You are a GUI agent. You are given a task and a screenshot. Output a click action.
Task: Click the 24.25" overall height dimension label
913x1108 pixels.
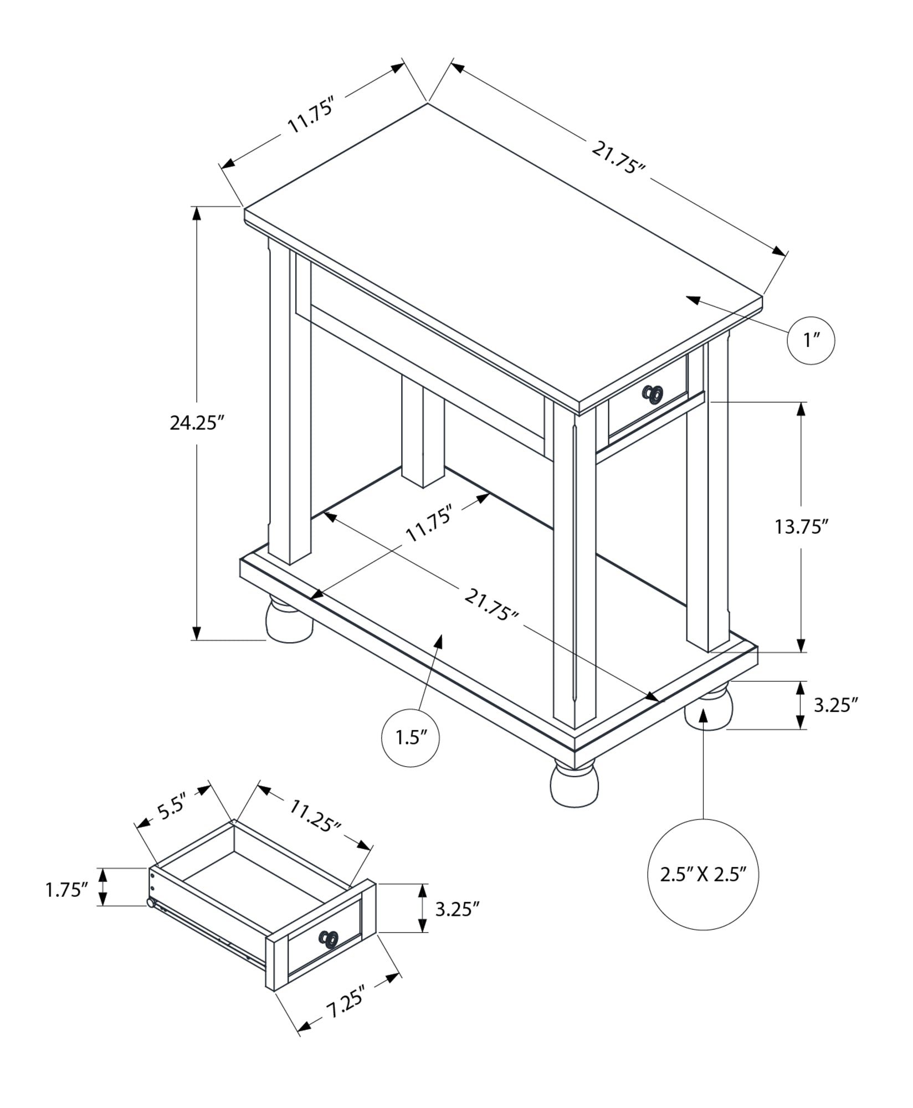tap(196, 423)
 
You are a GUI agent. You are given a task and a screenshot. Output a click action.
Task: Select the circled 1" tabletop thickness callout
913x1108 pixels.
tap(811, 340)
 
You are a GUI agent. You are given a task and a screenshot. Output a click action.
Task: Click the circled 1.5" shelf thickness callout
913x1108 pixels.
tap(411, 738)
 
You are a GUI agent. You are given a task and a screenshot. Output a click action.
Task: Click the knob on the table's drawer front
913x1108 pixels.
tap(652, 394)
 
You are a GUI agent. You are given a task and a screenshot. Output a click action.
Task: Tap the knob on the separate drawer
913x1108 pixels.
tap(329, 938)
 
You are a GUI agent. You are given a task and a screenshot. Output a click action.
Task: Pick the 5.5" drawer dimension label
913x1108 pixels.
tap(170, 810)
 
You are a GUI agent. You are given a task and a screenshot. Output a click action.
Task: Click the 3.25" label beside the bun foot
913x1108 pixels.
tap(835, 705)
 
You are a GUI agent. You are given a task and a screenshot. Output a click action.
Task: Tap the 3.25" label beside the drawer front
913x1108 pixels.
tap(456, 910)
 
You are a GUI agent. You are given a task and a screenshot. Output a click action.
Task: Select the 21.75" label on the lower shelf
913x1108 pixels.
tap(491, 605)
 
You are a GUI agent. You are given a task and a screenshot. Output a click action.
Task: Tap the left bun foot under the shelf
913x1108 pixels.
tap(288, 620)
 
